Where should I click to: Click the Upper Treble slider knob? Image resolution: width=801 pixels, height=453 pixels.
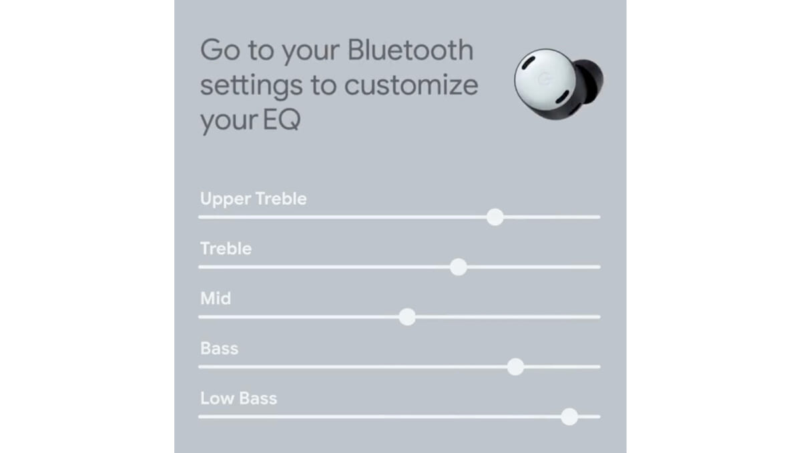(495, 217)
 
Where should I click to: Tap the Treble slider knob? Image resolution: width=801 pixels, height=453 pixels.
(459, 267)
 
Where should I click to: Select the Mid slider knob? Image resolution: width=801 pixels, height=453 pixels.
(407, 317)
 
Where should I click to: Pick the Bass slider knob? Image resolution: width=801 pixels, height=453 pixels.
(515, 367)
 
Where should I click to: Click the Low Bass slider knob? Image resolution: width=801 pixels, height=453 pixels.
(569, 416)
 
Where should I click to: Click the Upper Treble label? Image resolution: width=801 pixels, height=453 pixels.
(253, 199)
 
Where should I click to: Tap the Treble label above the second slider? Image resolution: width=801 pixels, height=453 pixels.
(226, 248)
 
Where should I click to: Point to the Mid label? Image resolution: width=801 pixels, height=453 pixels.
(215, 298)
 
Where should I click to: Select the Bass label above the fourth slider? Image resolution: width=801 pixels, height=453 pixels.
(219, 348)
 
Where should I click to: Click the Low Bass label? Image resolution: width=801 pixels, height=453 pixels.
(238, 398)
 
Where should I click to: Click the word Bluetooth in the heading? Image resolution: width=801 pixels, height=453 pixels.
(411, 50)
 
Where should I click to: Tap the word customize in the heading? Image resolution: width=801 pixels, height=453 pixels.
(411, 85)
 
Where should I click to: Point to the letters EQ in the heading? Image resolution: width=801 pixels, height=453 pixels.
(282, 120)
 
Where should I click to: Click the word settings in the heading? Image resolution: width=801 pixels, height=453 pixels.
(251, 87)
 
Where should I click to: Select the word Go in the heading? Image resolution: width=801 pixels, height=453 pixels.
(220, 50)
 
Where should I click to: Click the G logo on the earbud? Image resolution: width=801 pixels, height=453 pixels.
(544, 79)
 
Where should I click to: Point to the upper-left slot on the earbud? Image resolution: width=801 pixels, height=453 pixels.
(528, 63)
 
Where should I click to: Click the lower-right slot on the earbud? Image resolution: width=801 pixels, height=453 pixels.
(562, 97)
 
